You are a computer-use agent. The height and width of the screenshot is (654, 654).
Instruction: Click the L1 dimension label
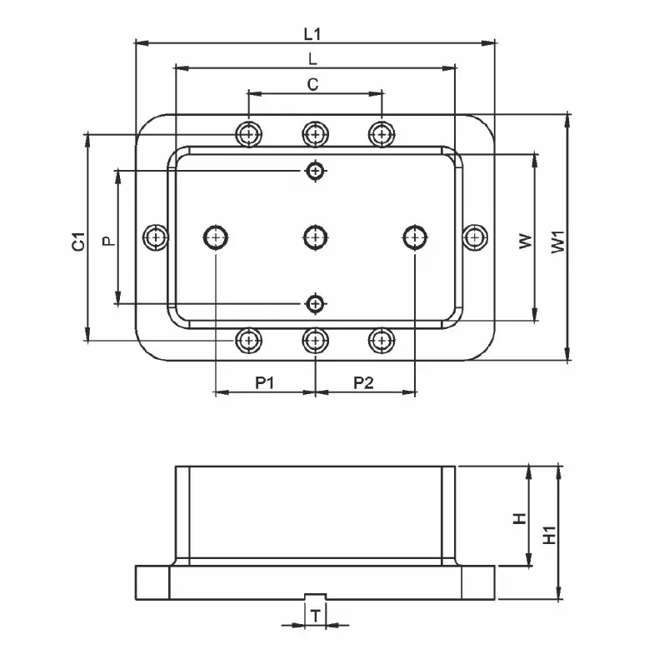313,34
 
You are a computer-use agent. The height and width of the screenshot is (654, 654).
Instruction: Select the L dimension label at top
312,59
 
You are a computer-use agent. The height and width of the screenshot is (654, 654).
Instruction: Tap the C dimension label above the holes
313,84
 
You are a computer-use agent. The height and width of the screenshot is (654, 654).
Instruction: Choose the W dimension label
524,241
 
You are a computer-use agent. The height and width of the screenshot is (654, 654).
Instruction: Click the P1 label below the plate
265,382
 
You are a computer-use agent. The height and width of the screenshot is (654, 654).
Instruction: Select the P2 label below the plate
363,382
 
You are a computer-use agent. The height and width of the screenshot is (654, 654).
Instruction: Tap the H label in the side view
519,517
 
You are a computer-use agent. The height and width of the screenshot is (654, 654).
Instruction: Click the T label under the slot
315,616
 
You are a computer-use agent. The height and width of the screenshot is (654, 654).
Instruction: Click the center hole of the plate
314,237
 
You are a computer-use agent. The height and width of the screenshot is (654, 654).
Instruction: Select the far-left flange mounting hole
155,237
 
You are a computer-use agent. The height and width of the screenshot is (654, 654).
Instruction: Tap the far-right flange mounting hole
473,237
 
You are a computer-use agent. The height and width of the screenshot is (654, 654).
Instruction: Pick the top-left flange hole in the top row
248,133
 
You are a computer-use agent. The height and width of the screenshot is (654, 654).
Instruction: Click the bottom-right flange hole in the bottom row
381,340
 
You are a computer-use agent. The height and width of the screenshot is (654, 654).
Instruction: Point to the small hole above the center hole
314,171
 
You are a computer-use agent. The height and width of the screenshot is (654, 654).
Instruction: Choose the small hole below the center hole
314,303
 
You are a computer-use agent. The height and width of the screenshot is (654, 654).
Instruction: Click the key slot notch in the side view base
315,597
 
